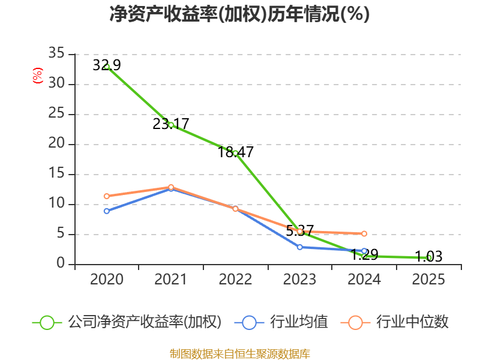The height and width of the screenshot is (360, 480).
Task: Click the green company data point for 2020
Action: [x=107, y=67]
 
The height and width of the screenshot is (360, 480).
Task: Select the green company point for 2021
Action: [x=171, y=125]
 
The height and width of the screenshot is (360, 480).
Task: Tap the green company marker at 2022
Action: [x=235, y=152]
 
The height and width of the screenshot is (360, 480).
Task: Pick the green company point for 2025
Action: [x=428, y=257]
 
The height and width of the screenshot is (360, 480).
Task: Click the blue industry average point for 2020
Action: [x=107, y=211]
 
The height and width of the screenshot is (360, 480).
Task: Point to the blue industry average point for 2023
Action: [x=300, y=247]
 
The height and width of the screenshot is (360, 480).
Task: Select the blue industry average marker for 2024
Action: [x=364, y=251]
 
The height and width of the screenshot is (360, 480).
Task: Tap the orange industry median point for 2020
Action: [x=107, y=196]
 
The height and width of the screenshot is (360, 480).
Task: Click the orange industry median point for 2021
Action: [x=171, y=187]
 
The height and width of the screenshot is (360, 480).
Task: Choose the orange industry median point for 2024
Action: [x=364, y=233]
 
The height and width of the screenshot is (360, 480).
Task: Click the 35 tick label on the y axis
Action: [x=56, y=54]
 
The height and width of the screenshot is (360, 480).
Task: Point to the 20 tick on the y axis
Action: [x=56, y=144]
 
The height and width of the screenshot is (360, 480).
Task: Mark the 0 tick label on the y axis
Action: [x=61, y=264]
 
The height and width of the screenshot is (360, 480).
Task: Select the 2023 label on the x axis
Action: [x=300, y=280]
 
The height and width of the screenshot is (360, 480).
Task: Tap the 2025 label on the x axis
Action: [x=428, y=280]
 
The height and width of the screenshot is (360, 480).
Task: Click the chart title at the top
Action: [x=239, y=14]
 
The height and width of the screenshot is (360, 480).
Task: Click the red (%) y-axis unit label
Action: [x=38, y=76]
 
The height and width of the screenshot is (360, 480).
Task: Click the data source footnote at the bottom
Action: [x=239, y=353]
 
